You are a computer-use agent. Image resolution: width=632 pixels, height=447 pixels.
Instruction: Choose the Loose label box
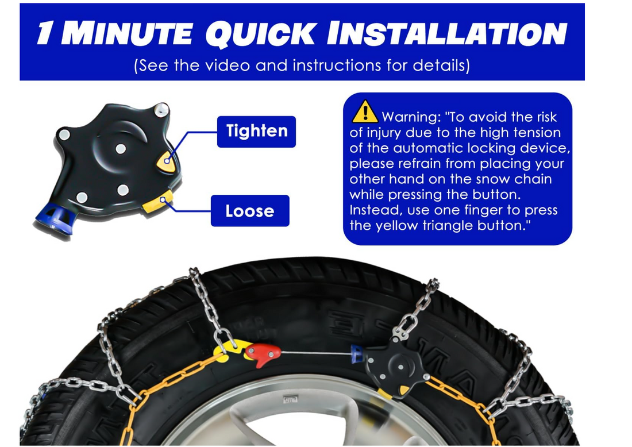(250, 211)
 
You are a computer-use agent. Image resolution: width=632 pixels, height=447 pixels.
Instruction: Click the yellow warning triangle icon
(365, 111)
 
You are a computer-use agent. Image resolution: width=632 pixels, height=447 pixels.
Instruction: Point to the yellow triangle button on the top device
(167, 161)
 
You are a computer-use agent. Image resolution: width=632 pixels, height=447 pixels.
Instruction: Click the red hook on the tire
(263, 354)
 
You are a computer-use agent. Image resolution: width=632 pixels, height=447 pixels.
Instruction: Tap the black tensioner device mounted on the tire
(397, 367)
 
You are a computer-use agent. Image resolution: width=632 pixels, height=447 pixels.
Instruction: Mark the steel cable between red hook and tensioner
(316, 353)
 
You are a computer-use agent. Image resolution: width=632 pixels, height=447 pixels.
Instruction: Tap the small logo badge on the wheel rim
(290, 399)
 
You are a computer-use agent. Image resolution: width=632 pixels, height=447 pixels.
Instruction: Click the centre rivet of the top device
(121, 149)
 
